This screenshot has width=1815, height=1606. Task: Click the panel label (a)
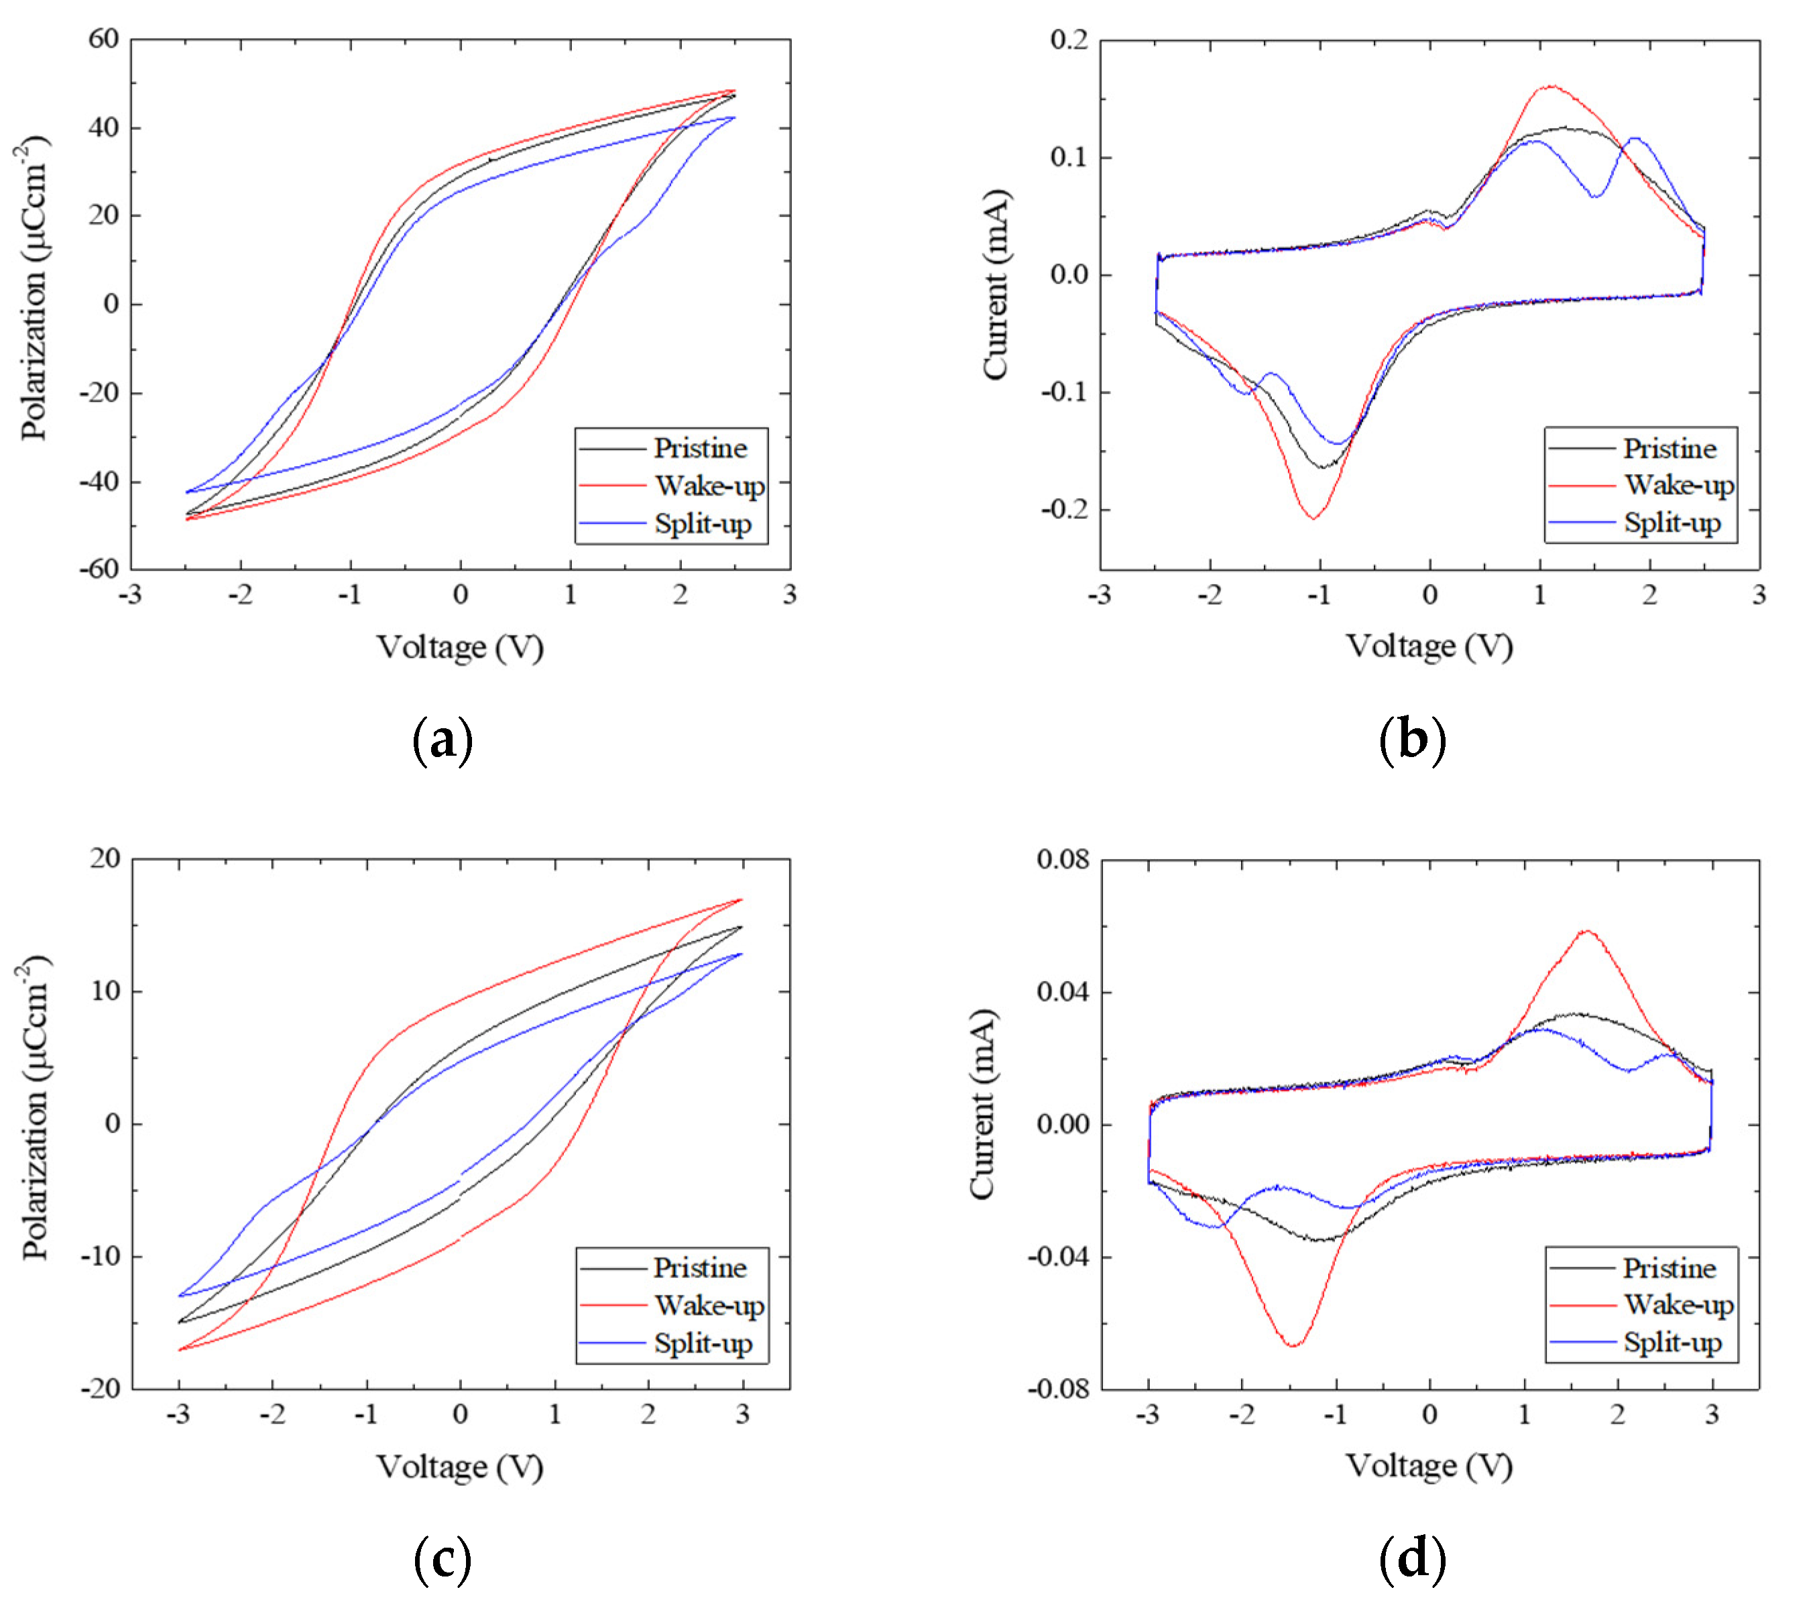point(443,740)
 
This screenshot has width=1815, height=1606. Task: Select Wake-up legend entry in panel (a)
point(709,486)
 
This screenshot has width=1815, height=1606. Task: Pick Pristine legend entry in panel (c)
point(700,1267)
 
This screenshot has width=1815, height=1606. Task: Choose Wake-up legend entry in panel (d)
point(1678,1305)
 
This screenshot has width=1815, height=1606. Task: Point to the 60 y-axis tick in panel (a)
point(103,38)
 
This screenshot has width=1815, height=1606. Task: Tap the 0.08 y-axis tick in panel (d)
point(1062,859)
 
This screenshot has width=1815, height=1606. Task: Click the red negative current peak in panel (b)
point(1313,518)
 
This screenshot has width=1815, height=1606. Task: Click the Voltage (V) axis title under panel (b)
point(1429,646)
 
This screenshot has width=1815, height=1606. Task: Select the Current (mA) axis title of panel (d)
point(982,1105)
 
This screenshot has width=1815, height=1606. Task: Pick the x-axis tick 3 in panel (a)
point(789,594)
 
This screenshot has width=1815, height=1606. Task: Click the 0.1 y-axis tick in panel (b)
point(1069,157)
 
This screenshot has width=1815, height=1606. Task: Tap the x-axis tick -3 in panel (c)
point(178,1414)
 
